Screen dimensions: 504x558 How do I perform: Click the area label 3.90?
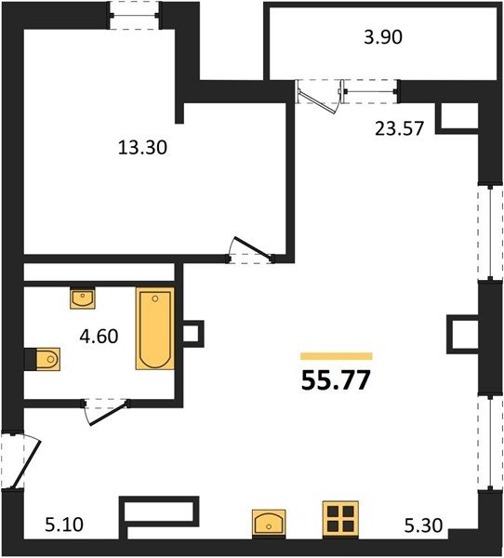(383, 37)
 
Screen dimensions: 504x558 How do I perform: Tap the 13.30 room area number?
(142, 147)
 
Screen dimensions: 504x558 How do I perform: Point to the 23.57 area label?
(400, 128)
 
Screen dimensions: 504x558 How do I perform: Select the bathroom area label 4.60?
(99, 337)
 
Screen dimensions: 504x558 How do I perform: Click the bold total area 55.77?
(336, 380)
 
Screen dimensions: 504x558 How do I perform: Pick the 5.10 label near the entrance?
(64, 525)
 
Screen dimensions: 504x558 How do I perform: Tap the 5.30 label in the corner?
(423, 525)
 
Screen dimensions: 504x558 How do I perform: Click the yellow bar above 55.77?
(337, 356)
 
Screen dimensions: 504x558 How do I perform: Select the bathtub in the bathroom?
(155, 328)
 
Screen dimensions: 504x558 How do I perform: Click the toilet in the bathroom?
(48, 359)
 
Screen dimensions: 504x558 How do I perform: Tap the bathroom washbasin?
(83, 298)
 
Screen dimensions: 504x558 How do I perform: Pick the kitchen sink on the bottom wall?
(269, 524)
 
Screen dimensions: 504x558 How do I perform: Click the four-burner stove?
(340, 520)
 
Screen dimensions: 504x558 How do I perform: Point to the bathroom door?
(105, 412)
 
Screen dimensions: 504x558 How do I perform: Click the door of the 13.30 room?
(250, 250)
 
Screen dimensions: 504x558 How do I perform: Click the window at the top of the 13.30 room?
(135, 15)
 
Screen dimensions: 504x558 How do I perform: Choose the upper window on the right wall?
(490, 232)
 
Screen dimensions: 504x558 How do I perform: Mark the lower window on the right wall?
(490, 443)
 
